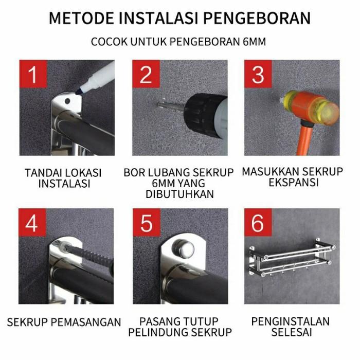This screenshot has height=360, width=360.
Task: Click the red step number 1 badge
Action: pyautogui.click(x=33, y=75)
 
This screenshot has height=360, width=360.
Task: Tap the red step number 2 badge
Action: pyautogui.click(x=146, y=75)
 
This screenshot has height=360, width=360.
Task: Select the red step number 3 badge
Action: pyautogui.click(x=258, y=75)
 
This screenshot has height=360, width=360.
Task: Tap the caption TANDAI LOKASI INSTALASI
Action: pyautogui.click(x=63, y=178)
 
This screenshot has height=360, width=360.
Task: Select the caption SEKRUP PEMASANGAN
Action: pyautogui.click(x=64, y=322)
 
